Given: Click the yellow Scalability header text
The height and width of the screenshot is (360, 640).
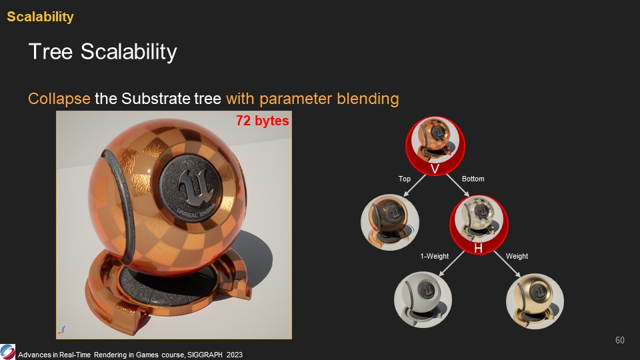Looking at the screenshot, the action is pyautogui.click(x=41, y=17).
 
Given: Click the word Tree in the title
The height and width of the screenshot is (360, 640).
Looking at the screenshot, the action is pyautogui.click(x=51, y=52).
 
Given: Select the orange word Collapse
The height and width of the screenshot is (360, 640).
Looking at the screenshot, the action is pyautogui.click(x=59, y=99).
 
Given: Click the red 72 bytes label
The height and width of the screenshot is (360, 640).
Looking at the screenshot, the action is pyautogui.click(x=263, y=121).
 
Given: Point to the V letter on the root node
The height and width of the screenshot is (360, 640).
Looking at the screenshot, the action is pyautogui.click(x=435, y=169).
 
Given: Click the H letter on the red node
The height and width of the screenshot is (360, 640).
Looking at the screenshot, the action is pyautogui.click(x=479, y=248).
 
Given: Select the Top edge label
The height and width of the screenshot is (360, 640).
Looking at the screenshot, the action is pyautogui.click(x=405, y=179).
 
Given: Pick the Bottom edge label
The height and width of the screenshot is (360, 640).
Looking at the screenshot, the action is pyautogui.click(x=473, y=179).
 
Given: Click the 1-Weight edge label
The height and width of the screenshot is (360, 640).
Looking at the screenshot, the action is pyautogui.click(x=434, y=256).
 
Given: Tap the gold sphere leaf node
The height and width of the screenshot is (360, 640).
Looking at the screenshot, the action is pyautogui.click(x=535, y=301).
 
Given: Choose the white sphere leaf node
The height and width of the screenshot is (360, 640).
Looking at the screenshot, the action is pyautogui.click(x=423, y=300).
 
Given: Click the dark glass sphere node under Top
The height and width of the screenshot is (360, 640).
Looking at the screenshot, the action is pyautogui.click(x=390, y=222).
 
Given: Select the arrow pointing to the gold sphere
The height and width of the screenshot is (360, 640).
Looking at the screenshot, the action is pyautogui.click(x=507, y=264).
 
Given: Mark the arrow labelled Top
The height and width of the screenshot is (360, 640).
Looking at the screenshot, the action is pyautogui.click(x=415, y=186).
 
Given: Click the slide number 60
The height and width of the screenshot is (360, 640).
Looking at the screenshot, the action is pyautogui.click(x=619, y=341).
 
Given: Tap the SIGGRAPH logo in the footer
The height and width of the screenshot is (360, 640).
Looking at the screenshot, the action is pyautogui.click(x=7, y=352).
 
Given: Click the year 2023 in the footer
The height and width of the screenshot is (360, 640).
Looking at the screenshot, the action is pyautogui.click(x=234, y=355).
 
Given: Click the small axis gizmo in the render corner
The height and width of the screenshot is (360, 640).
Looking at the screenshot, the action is pyautogui.click(x=61, y=330).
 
